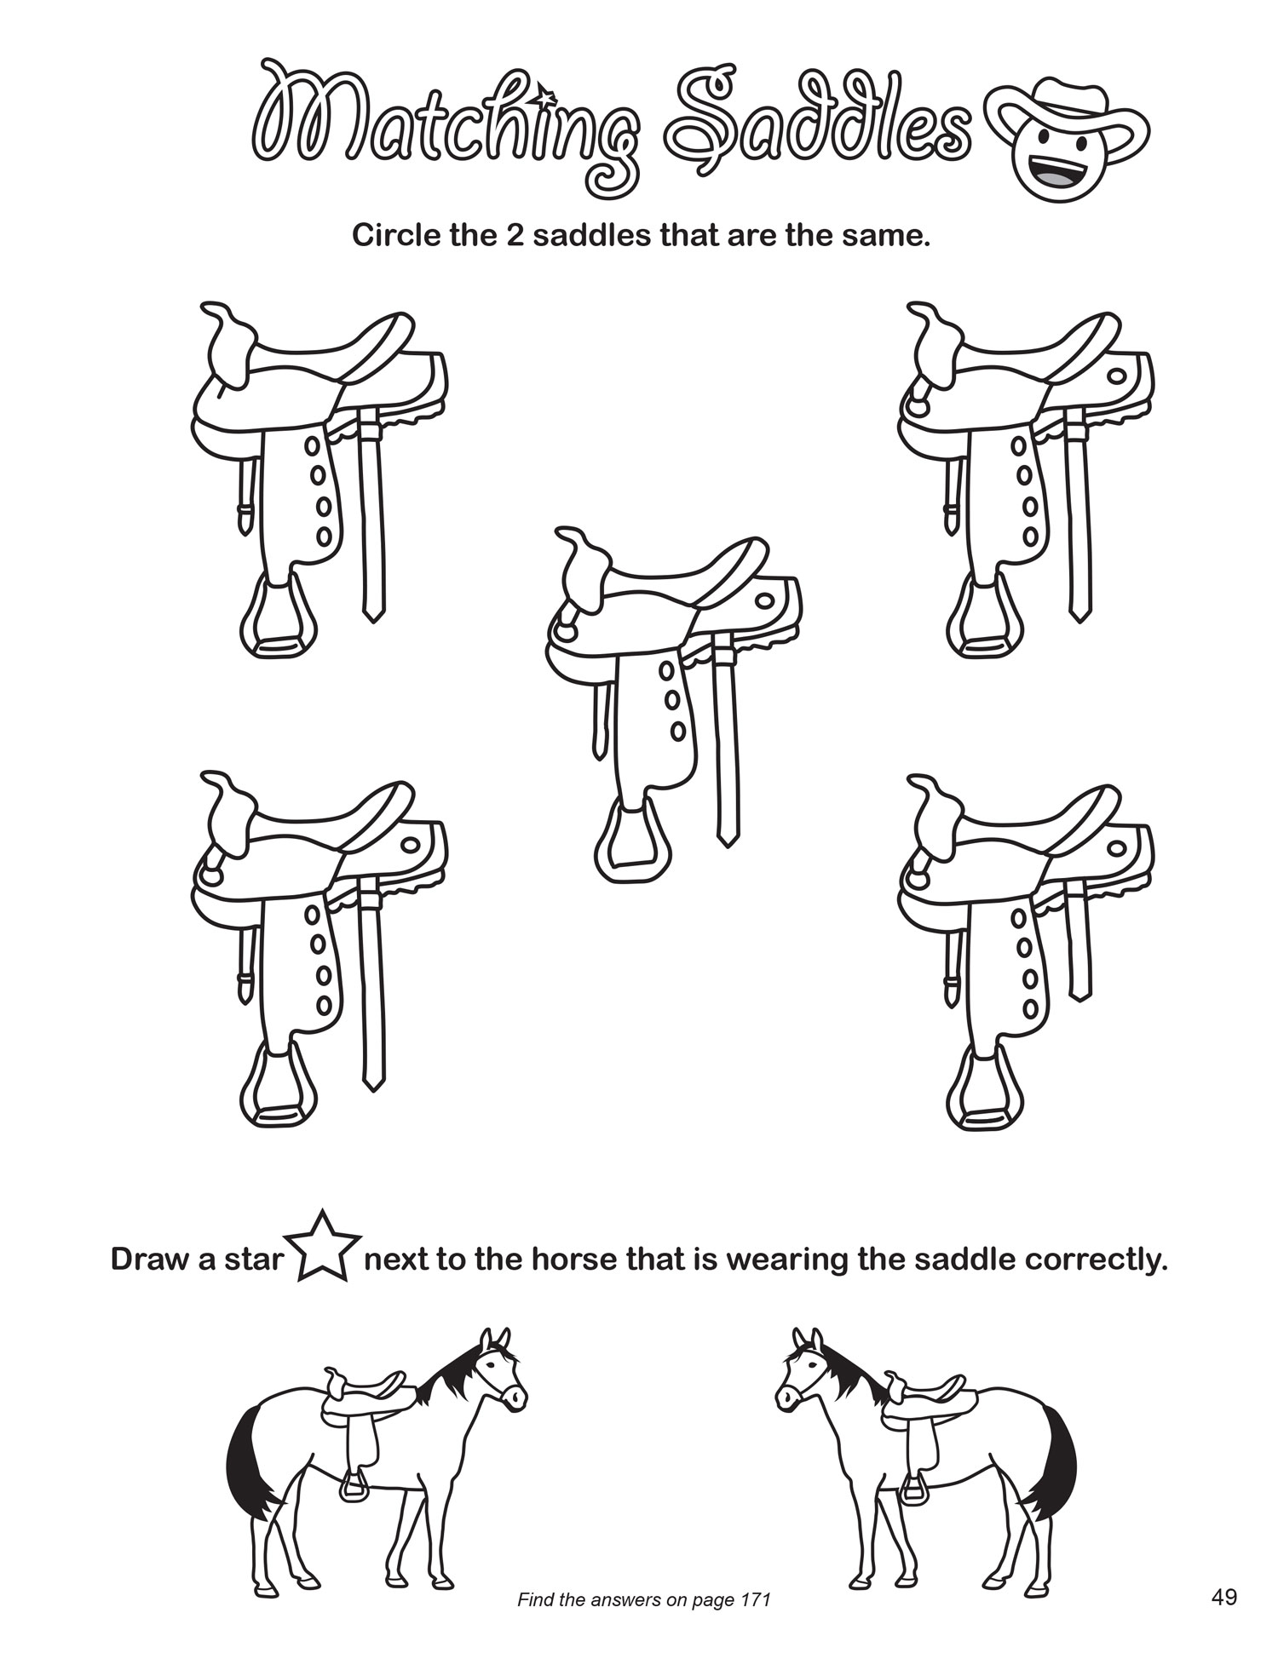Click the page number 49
pyautogui.click(x=1223, y=1597)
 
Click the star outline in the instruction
pyautogui.click(x=327, y=1247)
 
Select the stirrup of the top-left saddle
pyautogui.click(x=279, y=619)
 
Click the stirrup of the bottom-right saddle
pyautogui.click(x=985, y=1089)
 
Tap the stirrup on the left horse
pyautogui.click(x=353, y=1487)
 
